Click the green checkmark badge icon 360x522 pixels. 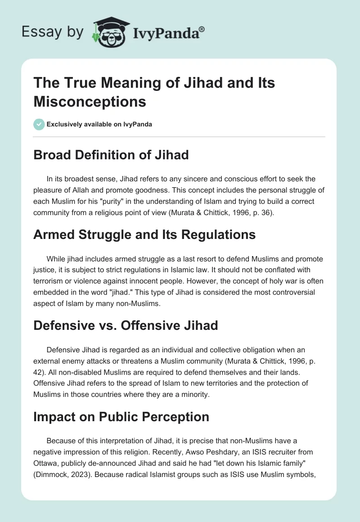pyautogui.click(x=39, y=124)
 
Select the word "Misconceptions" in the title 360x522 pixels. pyautogui.click(x=90, y=101)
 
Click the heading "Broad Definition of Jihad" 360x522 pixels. pyautogui.click(x=111, y=155)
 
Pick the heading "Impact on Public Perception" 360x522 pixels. pyautogui.click(x=121, y=417)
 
